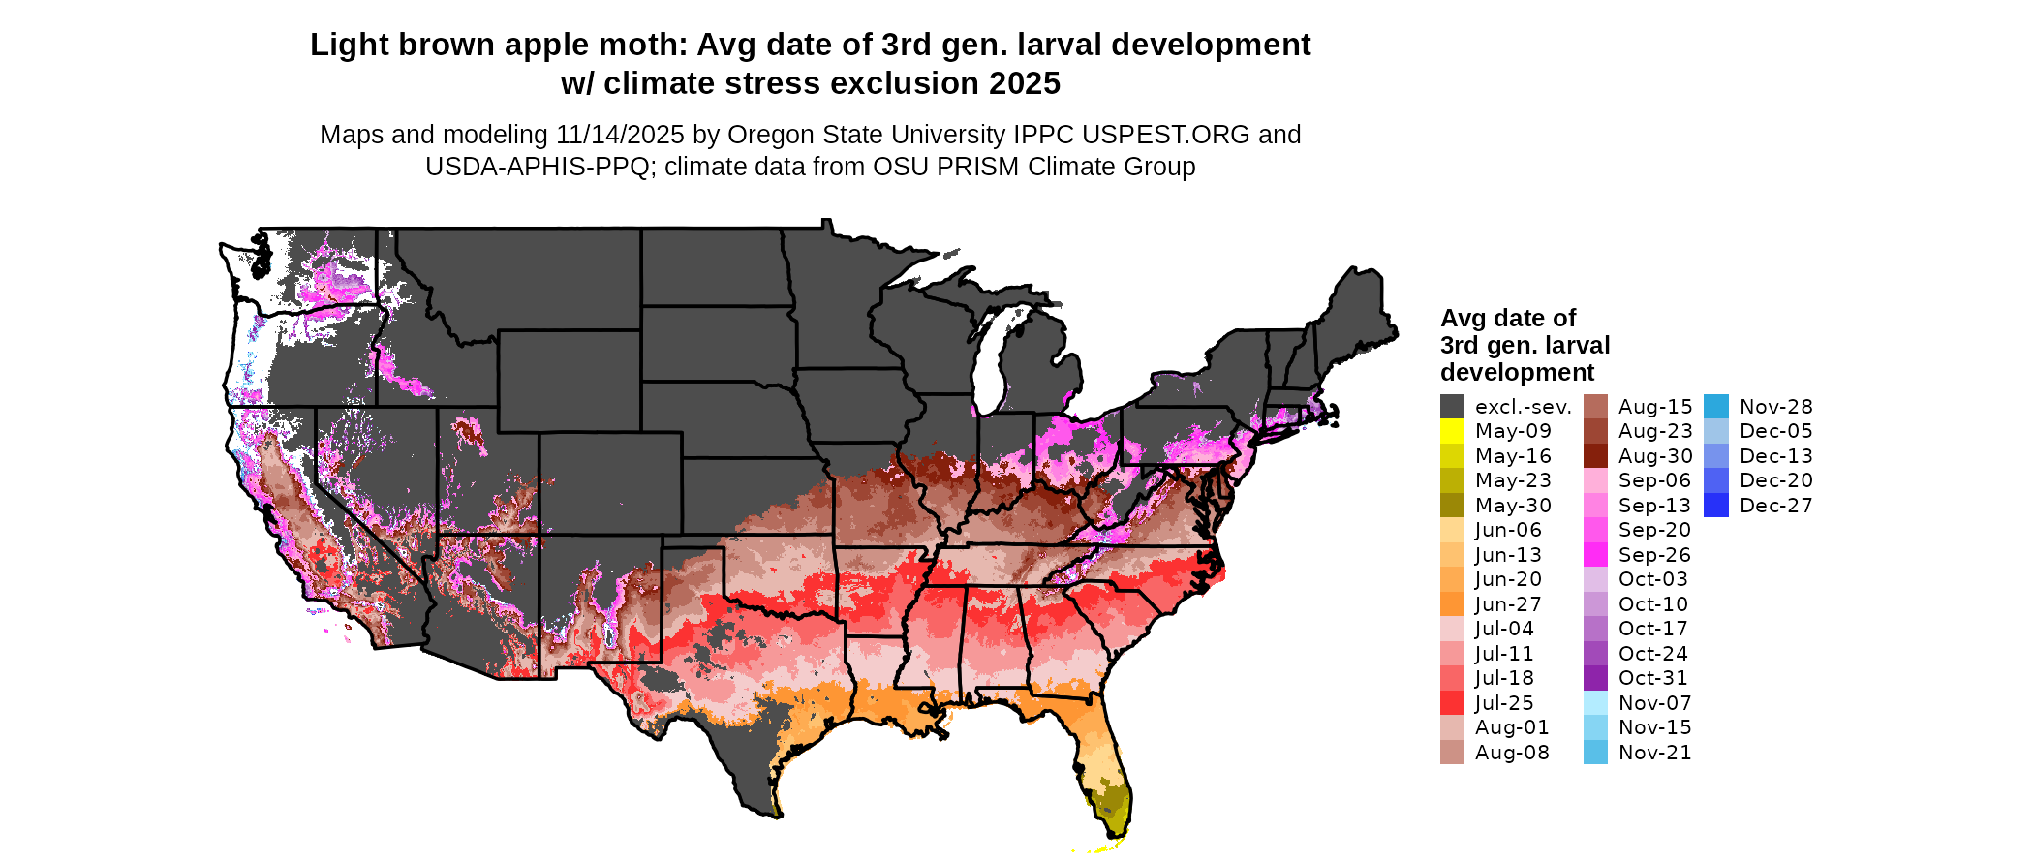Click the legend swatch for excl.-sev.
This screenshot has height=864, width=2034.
1452,407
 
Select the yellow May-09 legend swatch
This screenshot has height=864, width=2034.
1452,431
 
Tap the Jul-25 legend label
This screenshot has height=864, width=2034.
1504,703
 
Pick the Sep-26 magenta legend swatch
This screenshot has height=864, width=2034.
1595,555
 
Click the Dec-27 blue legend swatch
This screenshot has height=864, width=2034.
1715,506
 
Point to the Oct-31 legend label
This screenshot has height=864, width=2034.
1652,678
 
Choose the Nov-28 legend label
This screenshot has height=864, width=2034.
1775,407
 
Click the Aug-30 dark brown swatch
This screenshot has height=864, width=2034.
1595,456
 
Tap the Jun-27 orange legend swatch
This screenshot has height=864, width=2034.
1452,604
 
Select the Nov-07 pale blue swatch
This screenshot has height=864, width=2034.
1595,703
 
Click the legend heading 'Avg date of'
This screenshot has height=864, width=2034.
1508,319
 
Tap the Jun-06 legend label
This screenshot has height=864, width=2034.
1508,530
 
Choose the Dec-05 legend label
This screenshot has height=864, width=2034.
1775,431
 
